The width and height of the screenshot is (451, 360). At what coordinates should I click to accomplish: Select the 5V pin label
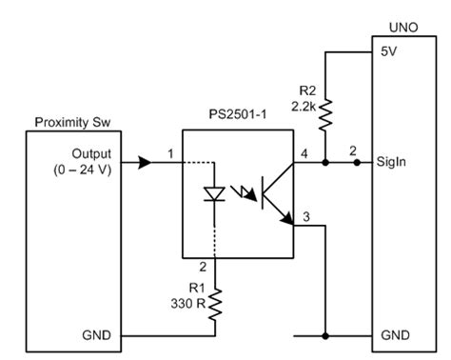tap(387, 54)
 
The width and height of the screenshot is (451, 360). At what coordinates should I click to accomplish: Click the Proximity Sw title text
tap(69, 123)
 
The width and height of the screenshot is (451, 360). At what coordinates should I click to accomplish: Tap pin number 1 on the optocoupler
tap(170, 153)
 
